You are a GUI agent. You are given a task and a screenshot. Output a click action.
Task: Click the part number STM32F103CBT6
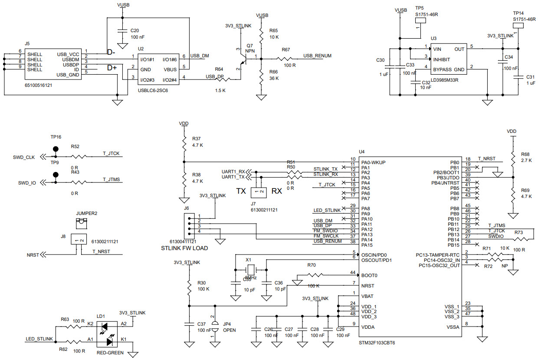point(377,343)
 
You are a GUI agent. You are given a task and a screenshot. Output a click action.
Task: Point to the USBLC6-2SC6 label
point(153,90)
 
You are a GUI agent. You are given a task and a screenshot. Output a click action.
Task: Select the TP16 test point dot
point(55,149)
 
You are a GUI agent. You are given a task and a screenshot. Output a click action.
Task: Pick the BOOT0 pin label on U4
point(370,275)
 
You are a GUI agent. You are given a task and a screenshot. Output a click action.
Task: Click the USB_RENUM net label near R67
point(318,56)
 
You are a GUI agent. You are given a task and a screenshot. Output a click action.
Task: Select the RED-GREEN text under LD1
point(110,353)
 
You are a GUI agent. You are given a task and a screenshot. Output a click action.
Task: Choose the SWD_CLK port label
point(24,157)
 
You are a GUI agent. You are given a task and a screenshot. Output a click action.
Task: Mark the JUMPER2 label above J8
point(87,213)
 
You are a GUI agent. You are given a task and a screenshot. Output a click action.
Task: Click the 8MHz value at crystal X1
point(251,277)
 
